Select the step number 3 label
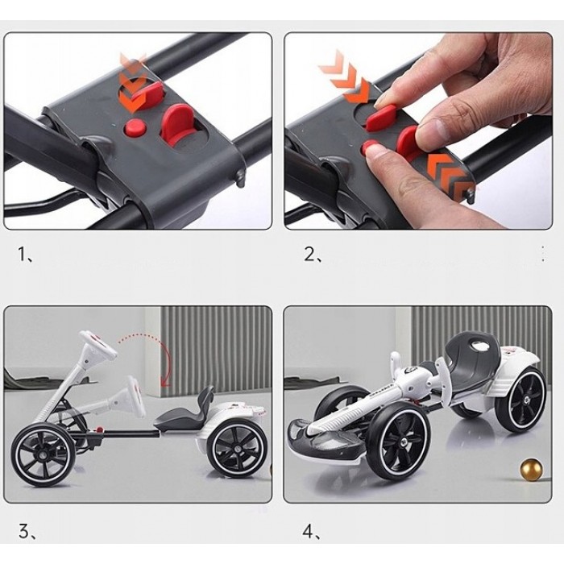pyautogui.click(x=27, y=532)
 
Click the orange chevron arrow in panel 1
pyautogui.click(x=132, y=84)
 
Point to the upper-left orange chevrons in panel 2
pyautogui.click(x=344, y=76)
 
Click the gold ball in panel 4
pyautogui.click(x=531, y=469)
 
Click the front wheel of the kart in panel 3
pyautogui.click(x=40, y=455)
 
